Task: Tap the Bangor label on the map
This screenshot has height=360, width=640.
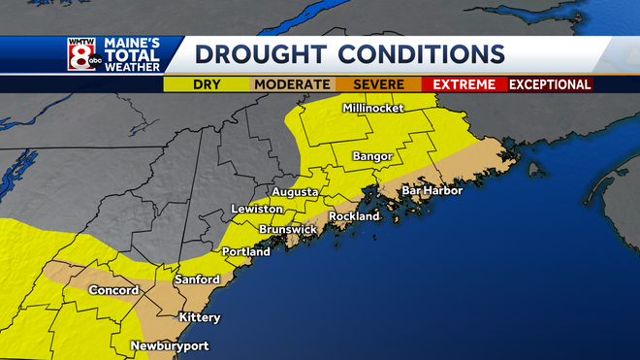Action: coord(372,156)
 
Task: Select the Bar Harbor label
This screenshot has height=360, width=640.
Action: coord(432,190)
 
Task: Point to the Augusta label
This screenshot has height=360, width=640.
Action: coord(295,192)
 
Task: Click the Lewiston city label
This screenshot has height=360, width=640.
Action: coord(256,210)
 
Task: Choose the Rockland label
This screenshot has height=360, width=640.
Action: coord(354,216)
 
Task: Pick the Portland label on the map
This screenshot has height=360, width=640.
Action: coord(246,252)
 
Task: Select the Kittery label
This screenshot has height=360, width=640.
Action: coord(200,317)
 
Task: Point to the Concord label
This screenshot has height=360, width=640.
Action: coord(114,290)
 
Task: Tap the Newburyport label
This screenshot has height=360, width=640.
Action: coord(170,345)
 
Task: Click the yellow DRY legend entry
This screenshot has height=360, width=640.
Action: coord(208,84)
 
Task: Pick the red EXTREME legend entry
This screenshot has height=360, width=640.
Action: coord(464,84)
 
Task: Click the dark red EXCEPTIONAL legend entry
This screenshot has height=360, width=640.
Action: coord(550,84)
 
